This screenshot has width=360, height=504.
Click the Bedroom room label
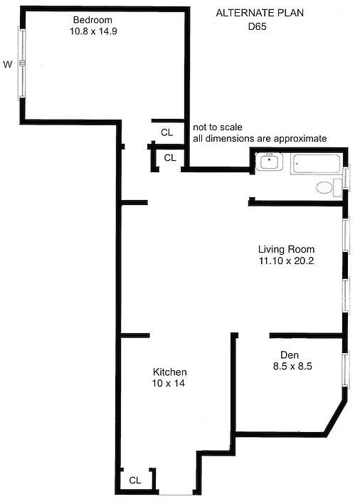[92, 20]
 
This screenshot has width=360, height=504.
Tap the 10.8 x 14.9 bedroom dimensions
[93, 31]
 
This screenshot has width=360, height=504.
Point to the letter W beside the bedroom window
[7, 64]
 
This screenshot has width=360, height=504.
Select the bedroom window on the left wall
[22, 63]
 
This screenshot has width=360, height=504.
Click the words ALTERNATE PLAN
[260, 13]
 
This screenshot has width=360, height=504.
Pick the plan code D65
[258, 26]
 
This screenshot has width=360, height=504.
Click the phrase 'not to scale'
[218, 127]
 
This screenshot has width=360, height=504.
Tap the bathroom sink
[269, 162]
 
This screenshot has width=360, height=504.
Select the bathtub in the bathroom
[316, 164]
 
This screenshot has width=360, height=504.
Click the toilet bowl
[324, 188]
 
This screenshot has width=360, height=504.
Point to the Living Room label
[286, 249]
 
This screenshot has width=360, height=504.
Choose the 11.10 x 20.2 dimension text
[286, 261]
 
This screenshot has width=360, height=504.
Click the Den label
[290, 355]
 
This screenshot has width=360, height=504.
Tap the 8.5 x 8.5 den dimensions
[292, 366]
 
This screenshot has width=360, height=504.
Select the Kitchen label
[169, 372]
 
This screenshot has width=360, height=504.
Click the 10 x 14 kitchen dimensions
[169, 383]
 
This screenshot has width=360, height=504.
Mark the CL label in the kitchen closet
[135, 481]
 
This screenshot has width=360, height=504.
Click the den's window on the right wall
[346, 369]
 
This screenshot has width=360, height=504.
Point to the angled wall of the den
[336, 418]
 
